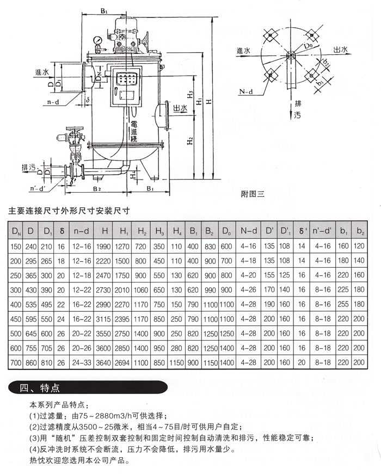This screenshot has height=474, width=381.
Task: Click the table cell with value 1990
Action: [x=105, y=247]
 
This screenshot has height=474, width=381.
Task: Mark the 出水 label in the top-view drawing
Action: [x=341, y=50]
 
